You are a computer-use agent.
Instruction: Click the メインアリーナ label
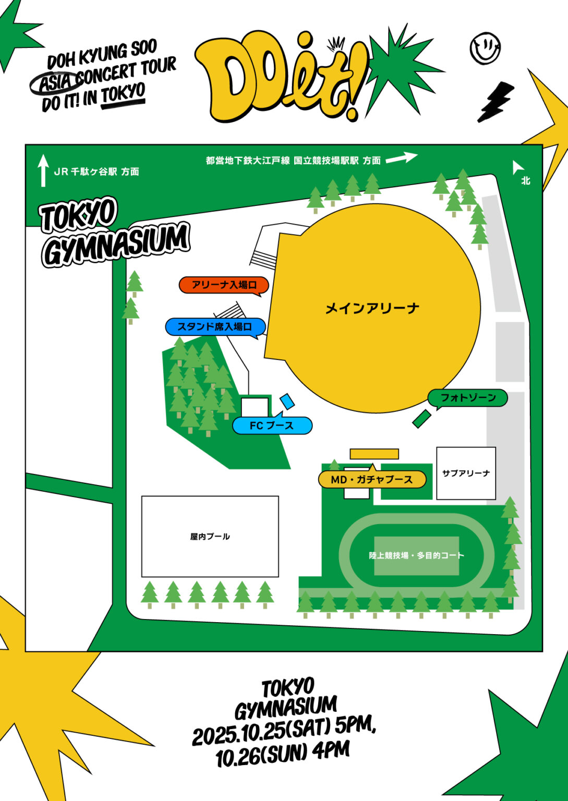click(x=372, y=308)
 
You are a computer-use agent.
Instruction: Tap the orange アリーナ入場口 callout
click(x=224, y=285)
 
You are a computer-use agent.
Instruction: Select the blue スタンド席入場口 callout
click(x=215, y=327)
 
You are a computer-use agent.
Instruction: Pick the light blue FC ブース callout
click(x=272, y=426)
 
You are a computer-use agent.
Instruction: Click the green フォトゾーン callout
click(x=467, y=398)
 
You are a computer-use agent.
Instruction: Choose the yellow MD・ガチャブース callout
click(x=372, y=479)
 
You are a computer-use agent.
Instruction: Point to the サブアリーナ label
click(x=466, y=473)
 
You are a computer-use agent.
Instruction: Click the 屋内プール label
click(x=210, y=536)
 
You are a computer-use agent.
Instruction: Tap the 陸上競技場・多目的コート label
click(x=416, y=555)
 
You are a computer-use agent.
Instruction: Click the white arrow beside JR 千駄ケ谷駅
click(x=43, y=170)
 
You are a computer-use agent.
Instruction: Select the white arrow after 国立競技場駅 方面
click(x=402, y=157)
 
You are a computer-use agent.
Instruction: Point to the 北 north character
click(x=526, y=180)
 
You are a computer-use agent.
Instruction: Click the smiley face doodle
click(x=485, y=48)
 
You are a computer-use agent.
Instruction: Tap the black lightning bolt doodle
click(x=495, y=102)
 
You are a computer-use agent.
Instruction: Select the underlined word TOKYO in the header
click(x=123, y=95)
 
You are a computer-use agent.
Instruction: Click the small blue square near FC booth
click(x=287, y=401)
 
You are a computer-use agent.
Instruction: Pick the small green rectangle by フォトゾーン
click(x=421, y=419)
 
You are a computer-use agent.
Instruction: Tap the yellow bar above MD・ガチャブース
click(x=374, y=454)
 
